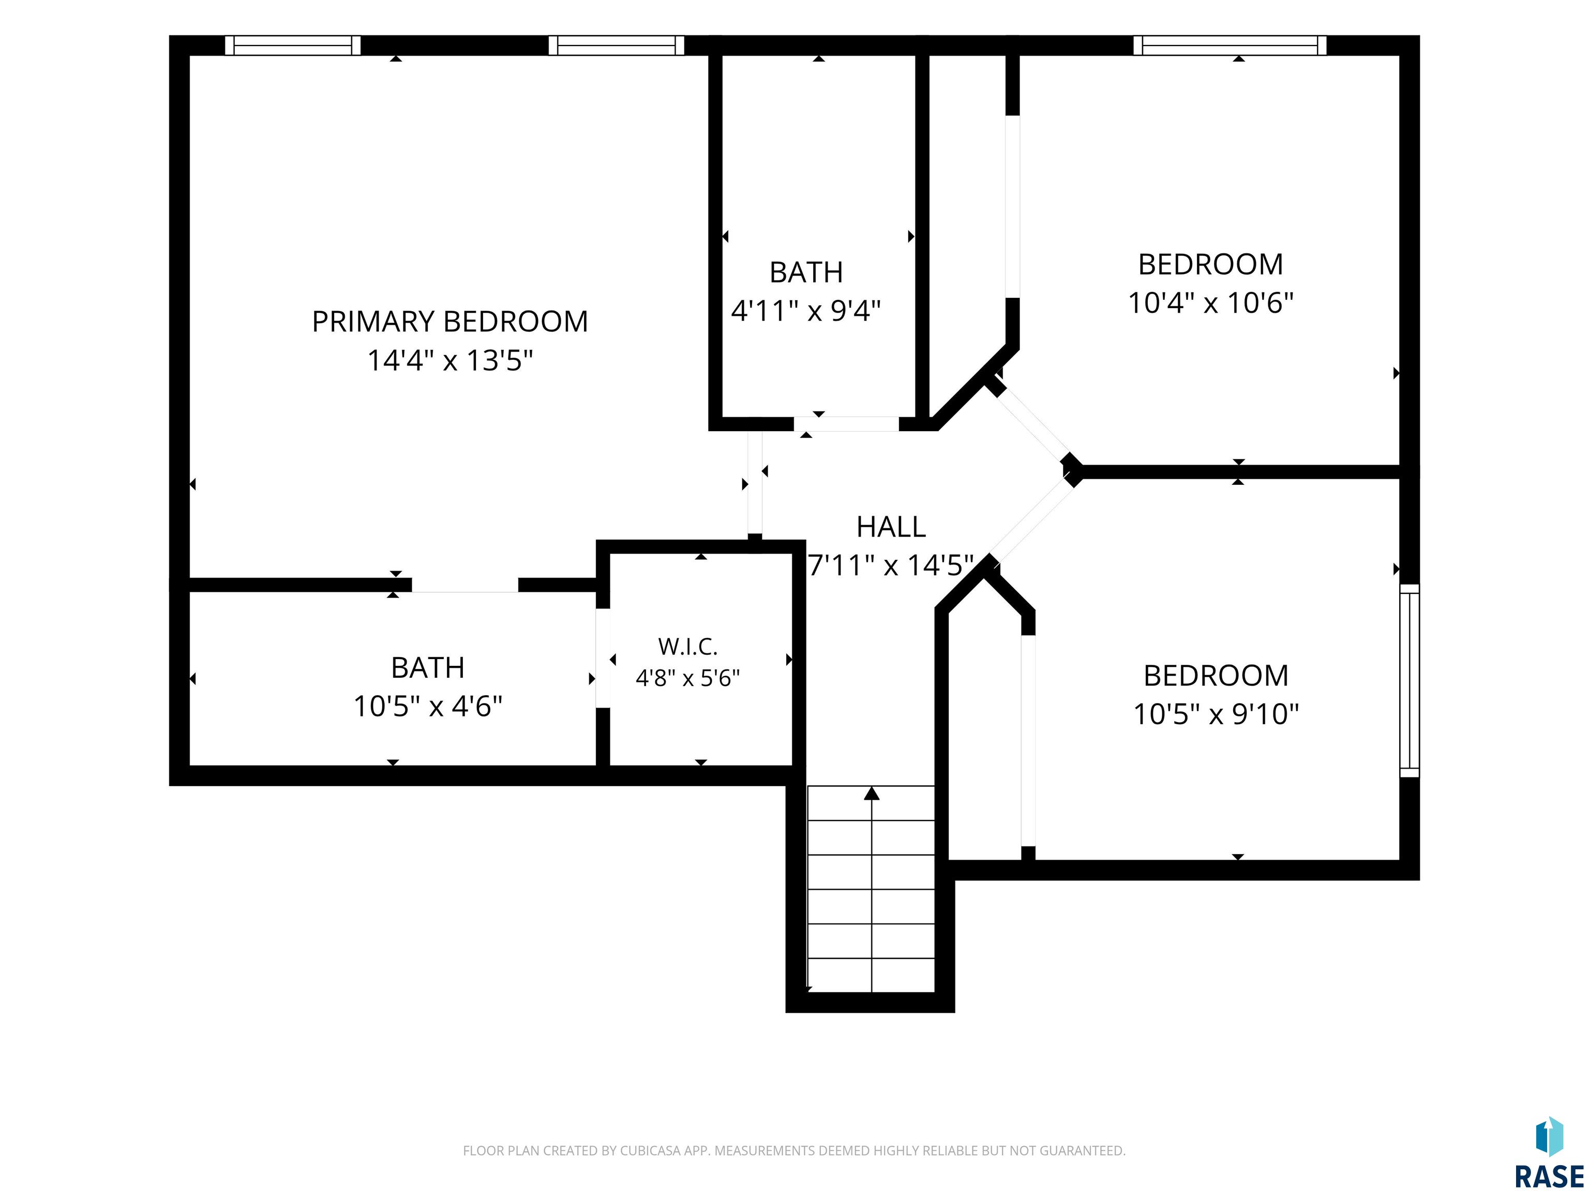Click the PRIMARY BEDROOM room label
449,322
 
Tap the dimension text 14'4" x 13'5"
451,360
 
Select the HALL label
891,527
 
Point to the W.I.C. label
687,647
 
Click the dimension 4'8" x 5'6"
687,678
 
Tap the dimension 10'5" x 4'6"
427,707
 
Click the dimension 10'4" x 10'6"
1210,303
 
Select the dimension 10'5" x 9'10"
1216,714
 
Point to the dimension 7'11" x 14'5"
891,566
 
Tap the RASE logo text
1549,1176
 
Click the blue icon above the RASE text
1550,1136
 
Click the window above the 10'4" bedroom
1230,45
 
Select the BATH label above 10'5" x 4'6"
427,668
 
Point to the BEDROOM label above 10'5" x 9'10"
1216,676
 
